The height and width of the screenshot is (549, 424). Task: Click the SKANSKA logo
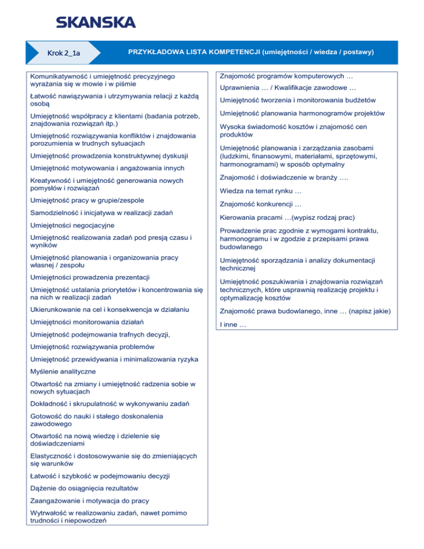pyautogui.click(x=95, y=22)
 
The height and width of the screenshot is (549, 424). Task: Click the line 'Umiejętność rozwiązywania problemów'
pyautogui.click(x=92, y=347)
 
